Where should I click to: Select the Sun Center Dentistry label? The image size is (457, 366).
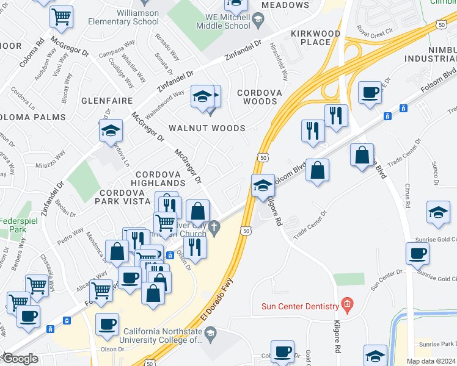(x=300, y=306)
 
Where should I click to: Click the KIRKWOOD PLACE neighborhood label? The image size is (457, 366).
(x=315, y=37)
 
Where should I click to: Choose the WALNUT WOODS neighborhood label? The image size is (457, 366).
(x=207, y=128)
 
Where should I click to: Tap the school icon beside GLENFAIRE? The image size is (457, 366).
(x=111, y=130)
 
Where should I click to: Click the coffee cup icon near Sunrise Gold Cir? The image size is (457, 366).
(x=417, y=253)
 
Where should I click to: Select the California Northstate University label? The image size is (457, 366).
(x=162, y=336)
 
